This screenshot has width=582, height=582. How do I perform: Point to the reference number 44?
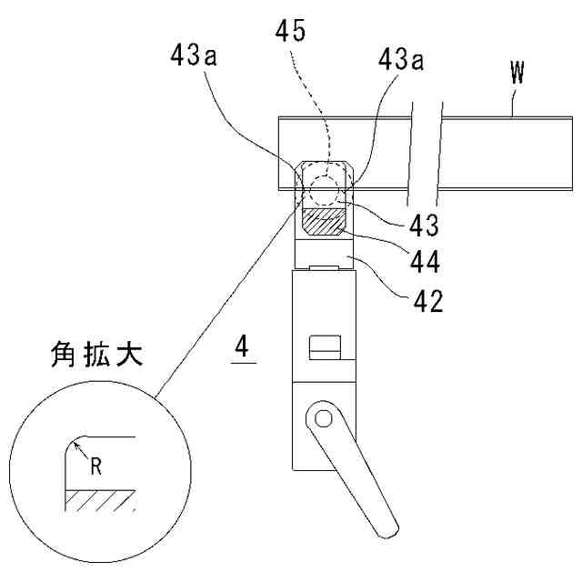tap(423, 263)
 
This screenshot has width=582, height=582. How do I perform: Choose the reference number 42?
tap(423, 301)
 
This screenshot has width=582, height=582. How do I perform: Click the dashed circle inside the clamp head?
tap(323, 191)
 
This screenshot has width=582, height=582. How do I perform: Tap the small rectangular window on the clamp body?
tap(325, 347)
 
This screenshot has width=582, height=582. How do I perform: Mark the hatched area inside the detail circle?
tap(100, 499)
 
